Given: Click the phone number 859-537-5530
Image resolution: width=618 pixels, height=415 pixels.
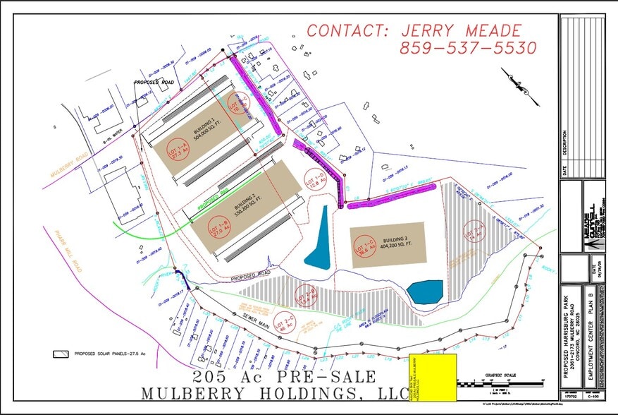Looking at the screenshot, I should click(x=468, y=49).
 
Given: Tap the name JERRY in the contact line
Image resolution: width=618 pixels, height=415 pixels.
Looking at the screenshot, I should click(x=429, y=31).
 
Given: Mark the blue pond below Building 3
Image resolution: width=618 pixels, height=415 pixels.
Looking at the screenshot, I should click(x=425, y=291).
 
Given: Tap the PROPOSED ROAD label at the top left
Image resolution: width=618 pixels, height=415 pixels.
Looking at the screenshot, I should click(x=154, y=83).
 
